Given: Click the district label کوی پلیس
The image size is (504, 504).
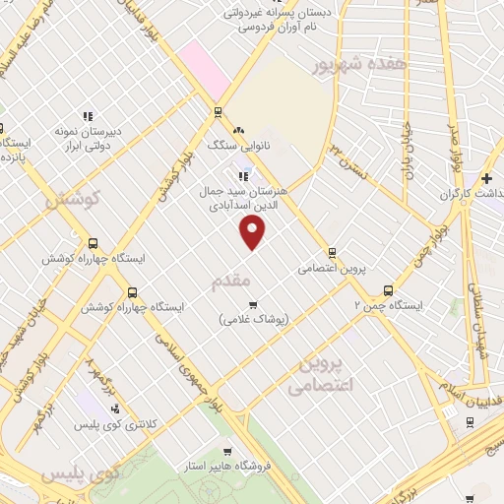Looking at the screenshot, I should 79,473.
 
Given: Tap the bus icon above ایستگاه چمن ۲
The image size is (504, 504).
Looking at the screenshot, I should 388,290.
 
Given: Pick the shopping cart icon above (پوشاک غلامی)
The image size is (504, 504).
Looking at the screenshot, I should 253,304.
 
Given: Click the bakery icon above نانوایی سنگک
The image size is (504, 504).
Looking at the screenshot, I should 237,129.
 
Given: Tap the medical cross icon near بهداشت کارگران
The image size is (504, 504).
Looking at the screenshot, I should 487,178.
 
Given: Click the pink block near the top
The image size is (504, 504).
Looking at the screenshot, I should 206,63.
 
